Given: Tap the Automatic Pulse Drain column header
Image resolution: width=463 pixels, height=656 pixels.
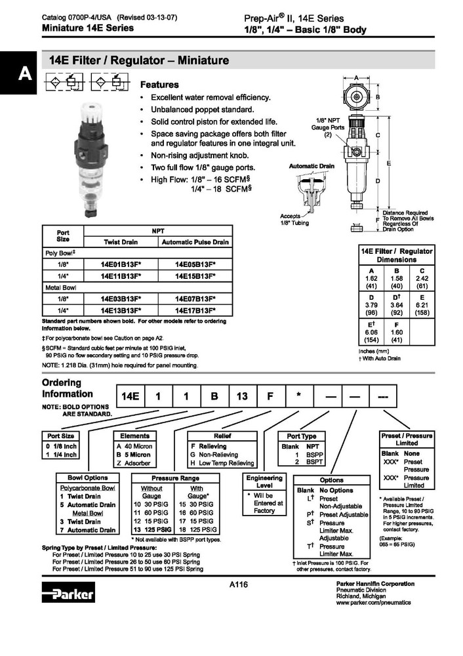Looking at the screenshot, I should pos(195,242).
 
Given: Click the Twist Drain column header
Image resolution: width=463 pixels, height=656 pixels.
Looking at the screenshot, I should pos(121,242).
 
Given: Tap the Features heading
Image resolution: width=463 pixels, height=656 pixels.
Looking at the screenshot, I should pos(161,85).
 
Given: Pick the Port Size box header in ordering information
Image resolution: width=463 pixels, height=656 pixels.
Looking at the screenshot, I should pos(61,436).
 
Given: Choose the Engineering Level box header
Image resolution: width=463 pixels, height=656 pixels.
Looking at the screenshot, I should pos(264,482).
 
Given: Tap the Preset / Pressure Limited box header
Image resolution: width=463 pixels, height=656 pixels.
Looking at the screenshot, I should pos(407,439).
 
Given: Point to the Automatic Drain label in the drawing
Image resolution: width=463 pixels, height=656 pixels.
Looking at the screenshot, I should pos(312,167).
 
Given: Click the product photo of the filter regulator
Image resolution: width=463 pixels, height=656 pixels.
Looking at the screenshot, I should pos(89,157).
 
